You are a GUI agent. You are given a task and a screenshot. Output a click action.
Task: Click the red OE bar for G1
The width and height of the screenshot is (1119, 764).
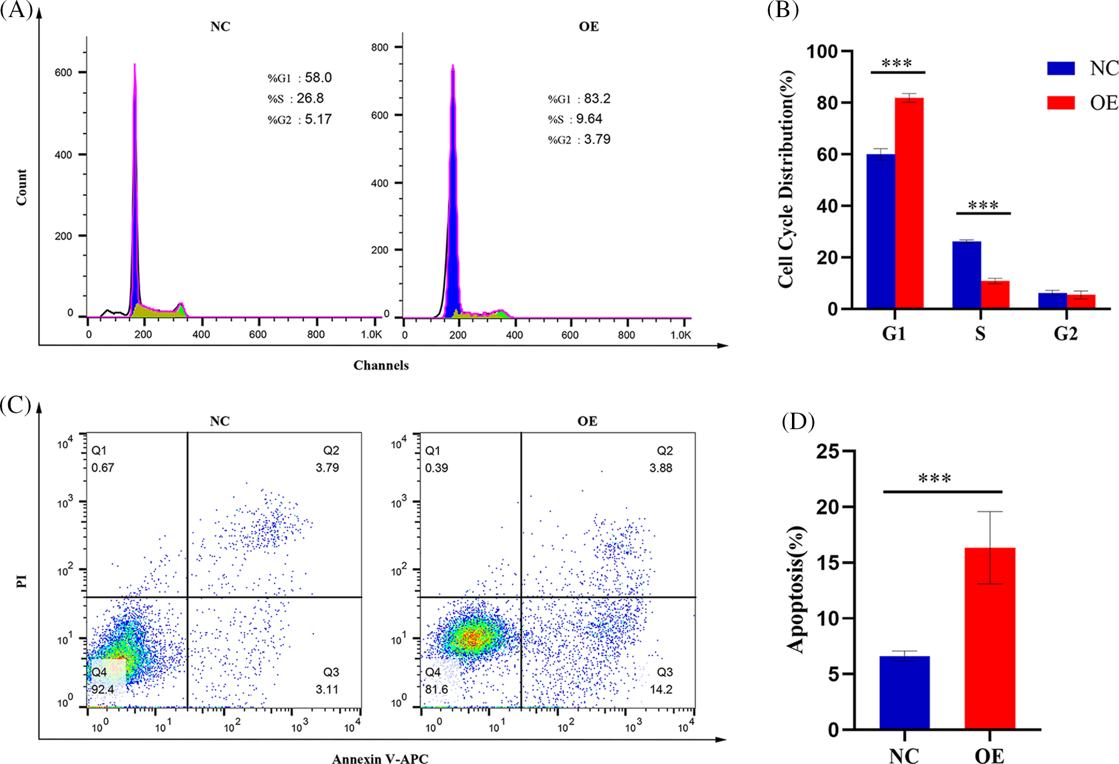(x=909, y=203)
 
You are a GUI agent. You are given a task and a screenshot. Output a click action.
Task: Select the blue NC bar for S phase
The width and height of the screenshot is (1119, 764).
(x=966, y=275)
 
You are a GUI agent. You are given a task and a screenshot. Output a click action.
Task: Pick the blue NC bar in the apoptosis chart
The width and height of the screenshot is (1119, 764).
(x=905, y=693)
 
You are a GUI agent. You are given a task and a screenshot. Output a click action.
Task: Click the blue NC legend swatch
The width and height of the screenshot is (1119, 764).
(x=1061, y=68)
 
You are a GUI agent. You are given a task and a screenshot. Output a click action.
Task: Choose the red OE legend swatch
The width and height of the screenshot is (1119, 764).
(x=1061, y=103)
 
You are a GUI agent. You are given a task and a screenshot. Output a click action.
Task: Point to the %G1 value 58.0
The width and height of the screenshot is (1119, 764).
(x=318, y=78)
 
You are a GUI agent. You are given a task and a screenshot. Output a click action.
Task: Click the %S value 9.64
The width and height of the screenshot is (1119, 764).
(x=589, y=119)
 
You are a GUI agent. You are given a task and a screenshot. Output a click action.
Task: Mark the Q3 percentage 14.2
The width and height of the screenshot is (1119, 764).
(x=661, y=689)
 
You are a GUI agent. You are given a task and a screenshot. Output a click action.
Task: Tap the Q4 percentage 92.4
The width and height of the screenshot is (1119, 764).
(x=103, y=689)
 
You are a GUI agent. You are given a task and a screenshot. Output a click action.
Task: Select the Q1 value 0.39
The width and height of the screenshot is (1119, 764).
(x=437, y=467)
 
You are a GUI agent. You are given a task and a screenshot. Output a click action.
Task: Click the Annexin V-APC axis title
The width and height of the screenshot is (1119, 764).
(x=380, y=758)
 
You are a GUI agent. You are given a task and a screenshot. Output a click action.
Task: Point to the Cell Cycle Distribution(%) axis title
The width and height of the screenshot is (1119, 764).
(x=786, y=179)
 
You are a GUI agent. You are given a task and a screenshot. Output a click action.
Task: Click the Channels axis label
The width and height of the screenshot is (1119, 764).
(x=381, y=365)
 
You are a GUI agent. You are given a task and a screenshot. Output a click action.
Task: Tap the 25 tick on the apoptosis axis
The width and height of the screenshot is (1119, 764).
(x=828, y=452)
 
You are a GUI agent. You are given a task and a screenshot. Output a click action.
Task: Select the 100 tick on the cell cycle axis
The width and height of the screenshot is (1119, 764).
(x=821, y=52)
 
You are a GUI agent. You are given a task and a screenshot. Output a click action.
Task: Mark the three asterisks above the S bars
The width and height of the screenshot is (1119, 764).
(x=983, y=205)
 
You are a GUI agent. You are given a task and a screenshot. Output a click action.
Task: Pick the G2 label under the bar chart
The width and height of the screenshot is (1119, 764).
(x=1065, y=334)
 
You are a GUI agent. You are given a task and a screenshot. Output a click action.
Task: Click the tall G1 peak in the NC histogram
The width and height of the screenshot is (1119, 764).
(x=135, y=177)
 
